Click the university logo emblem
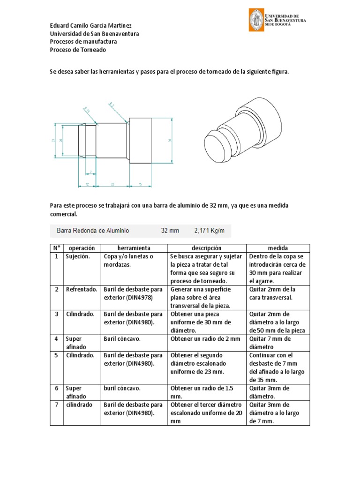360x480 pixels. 256,20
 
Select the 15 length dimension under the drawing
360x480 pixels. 141,185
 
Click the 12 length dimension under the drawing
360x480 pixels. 87,185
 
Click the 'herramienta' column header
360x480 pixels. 134,248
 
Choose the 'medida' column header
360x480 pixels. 278,248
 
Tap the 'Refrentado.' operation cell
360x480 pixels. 82,290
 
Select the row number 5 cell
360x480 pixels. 56,355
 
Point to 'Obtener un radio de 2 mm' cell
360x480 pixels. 205,339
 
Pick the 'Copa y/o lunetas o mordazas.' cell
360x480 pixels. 128,261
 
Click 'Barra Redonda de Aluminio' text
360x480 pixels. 93,231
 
